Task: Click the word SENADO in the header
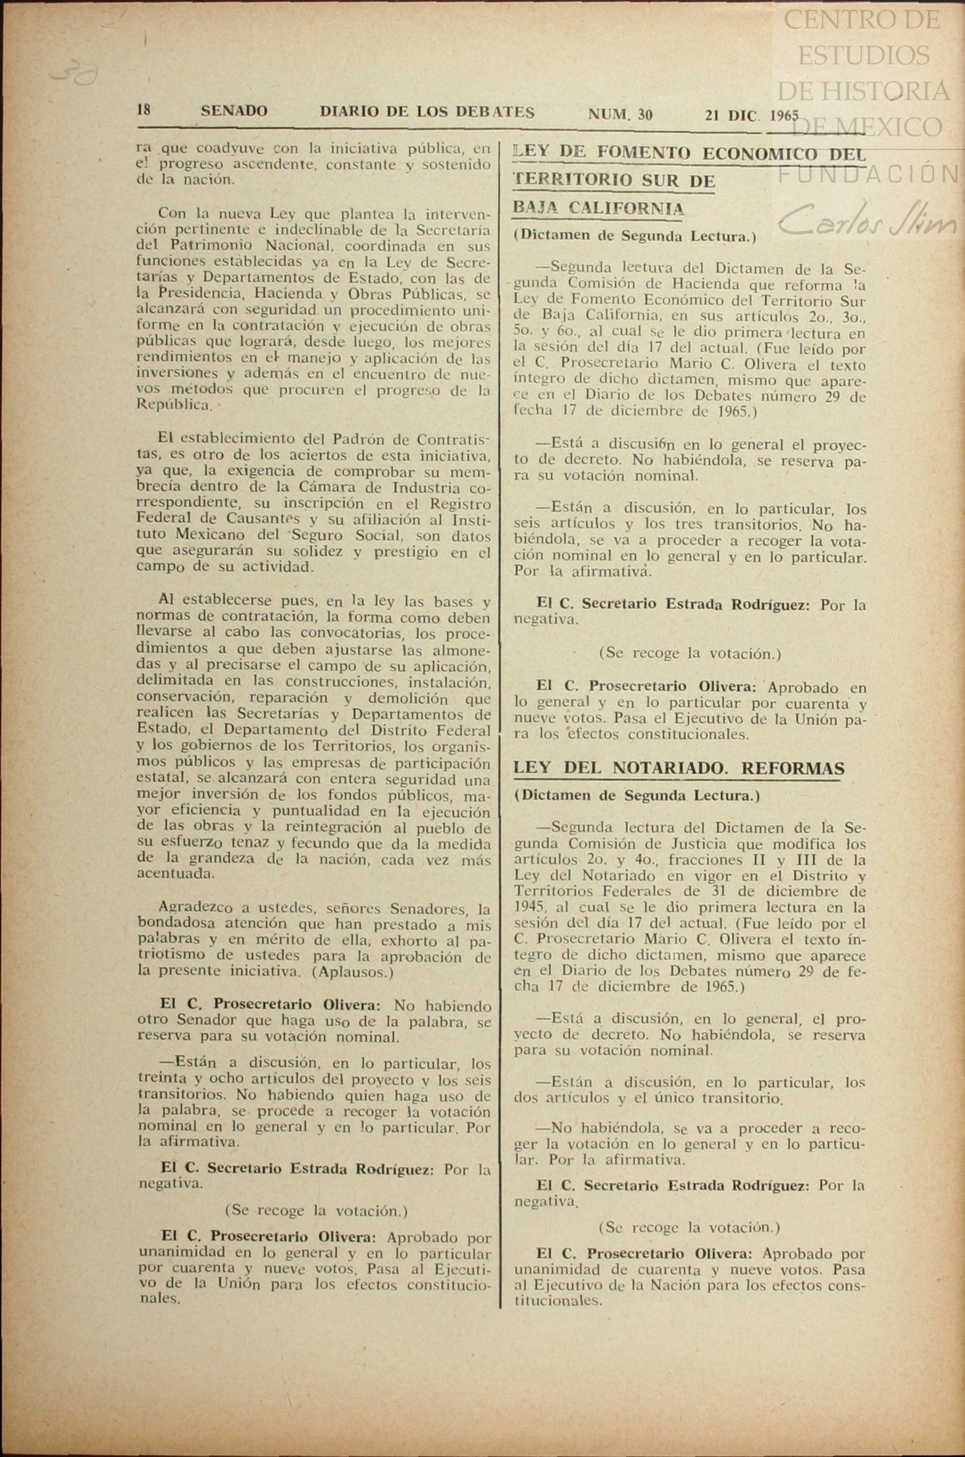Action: click(x=234, y=111)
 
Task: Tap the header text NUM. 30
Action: click(x=620, y=115)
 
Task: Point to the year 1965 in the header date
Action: click(x=783, y=115)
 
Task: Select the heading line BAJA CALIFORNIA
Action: click(x=598, y=209)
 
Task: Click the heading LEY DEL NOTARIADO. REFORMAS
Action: click(x=678, y=768)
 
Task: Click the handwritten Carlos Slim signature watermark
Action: click(x=866, y=221)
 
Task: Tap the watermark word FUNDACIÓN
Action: click(x=868, y=174)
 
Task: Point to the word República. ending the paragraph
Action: click(x=174, y=405)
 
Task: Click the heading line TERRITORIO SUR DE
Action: click(x=613, y=180)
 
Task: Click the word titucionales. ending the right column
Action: click(x=558, y=1300)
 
